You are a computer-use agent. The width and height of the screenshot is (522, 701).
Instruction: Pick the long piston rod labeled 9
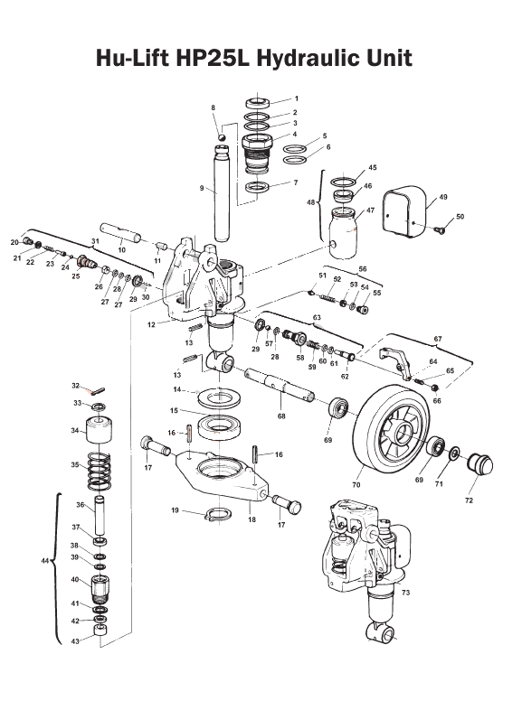coord(222,190)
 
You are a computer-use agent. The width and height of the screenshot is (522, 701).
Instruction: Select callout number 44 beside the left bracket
coord(46,561)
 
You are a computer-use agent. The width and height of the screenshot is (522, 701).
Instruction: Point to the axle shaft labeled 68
coord(280,386)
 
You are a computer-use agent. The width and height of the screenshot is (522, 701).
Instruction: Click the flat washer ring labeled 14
coord(218,395)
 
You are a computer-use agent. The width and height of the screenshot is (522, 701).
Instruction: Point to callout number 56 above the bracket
coord(362,269)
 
